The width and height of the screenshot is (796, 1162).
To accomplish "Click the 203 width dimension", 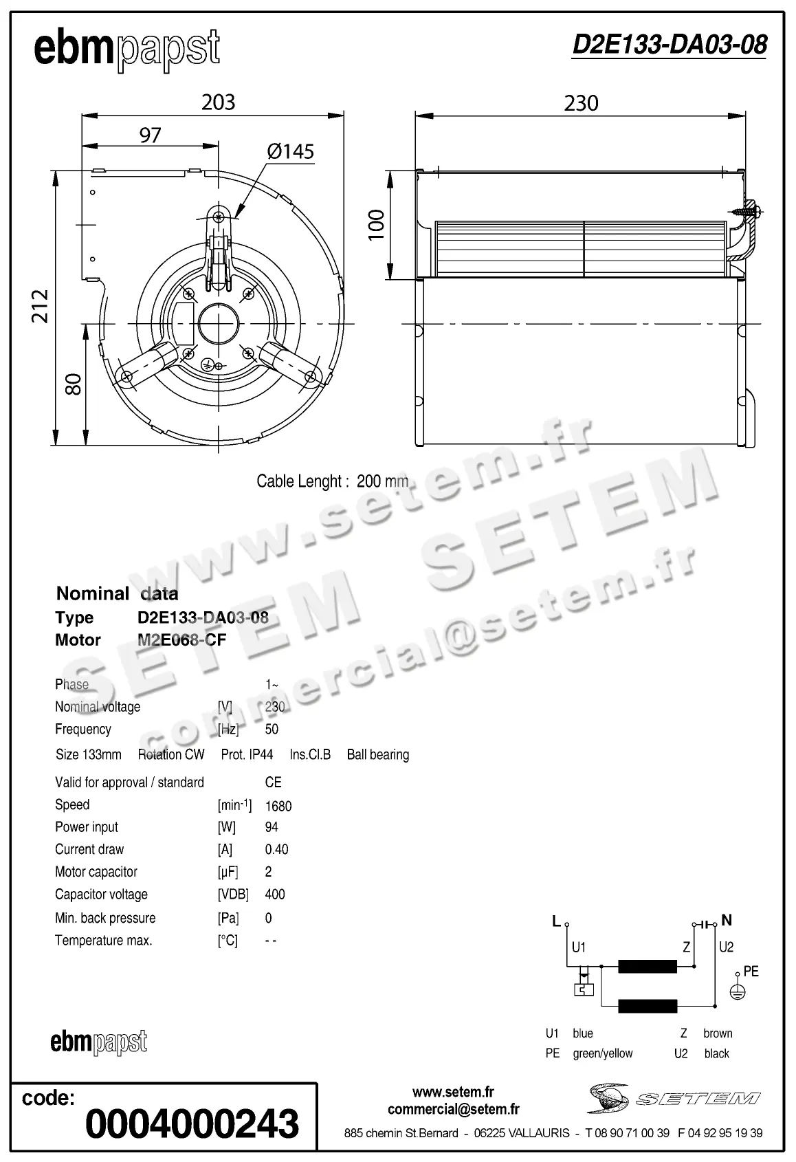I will tap(218, 102).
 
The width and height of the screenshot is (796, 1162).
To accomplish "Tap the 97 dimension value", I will tap(150, 135).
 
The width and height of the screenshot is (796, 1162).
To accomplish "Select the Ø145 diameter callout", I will tap(290, 151).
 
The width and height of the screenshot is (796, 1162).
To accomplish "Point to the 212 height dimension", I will tap(41, 306).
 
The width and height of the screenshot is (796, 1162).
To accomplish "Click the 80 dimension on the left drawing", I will tap(74, 384).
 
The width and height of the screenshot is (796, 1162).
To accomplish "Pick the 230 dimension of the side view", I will tap(581, 103).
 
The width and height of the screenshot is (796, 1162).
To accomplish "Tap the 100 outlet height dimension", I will tap(376, 225).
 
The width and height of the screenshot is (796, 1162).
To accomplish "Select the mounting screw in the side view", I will tap(746, 212).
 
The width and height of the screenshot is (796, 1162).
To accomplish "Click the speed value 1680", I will tap(278, 806).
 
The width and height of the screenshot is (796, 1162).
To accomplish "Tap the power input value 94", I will tap(272, 827).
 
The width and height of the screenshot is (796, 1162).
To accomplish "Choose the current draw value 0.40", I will tap(276, 849).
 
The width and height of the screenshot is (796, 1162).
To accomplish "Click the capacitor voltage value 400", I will tap(274, 895).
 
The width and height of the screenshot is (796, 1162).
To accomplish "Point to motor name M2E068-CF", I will tap(181, 640).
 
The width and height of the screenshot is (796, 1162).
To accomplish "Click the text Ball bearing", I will tap(377, 754).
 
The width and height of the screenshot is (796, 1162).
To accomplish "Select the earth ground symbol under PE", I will tap(737, 991).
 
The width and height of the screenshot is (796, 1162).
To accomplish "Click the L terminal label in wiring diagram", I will tap(557, 921).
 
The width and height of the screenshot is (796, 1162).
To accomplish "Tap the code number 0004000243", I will tap(192, 1123).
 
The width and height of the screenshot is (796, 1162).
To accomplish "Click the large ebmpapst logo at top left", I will tap(127, 50).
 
